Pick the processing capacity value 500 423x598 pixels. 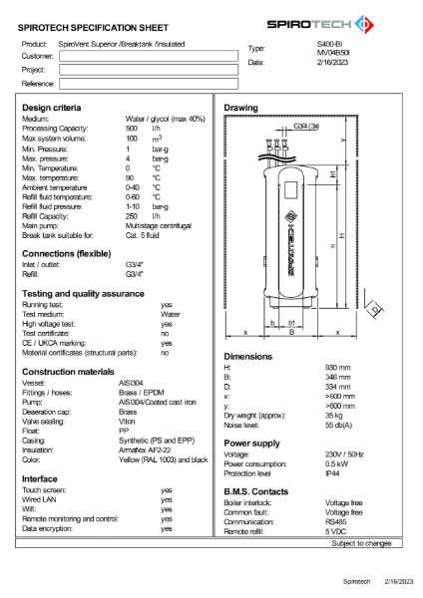[x=132, y=129]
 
